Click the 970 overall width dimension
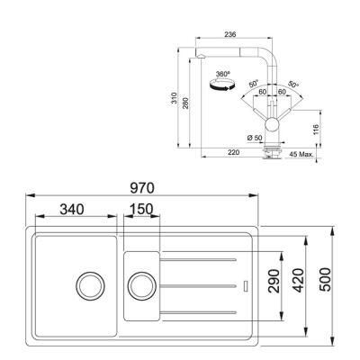142,188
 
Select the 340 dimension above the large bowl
72,209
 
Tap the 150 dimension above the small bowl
140,209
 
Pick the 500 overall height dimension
326,286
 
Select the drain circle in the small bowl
141,286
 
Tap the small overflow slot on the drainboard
245,287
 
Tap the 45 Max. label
302,154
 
